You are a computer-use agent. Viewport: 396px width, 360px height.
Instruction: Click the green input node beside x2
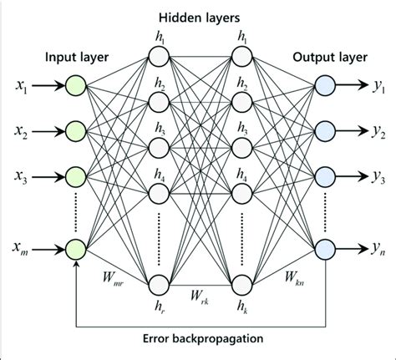coord(76,130)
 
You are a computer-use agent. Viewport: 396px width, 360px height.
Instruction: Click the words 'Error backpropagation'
coord(199,339)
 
